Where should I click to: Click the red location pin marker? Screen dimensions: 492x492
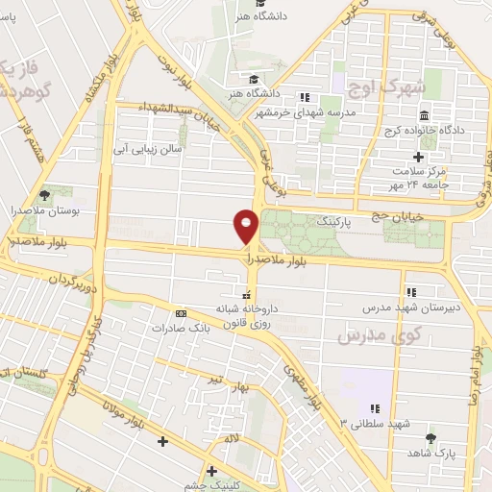click(x=246, y=226)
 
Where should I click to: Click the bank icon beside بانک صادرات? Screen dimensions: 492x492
click(x=180, y=313)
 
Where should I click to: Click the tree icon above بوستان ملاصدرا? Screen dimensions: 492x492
click(x=44, y=193)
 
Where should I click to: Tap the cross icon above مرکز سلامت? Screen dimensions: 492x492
click(x=417, y=156)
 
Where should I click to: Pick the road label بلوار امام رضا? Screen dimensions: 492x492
click(x=476, y=357)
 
